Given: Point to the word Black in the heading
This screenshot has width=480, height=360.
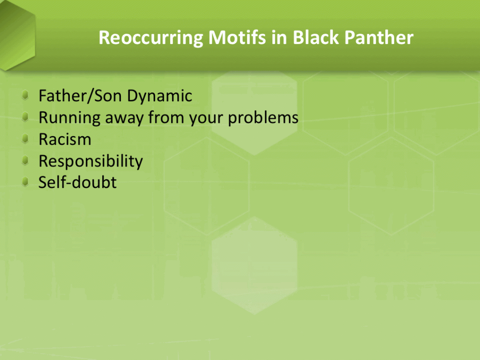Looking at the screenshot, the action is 316,37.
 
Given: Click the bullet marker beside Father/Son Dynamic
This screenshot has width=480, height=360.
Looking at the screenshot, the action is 25,95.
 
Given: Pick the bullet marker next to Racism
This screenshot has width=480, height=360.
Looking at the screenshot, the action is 25,139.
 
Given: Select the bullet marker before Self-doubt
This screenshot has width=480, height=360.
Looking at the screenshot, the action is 25,182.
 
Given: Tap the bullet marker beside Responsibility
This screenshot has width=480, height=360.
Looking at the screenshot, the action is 25,160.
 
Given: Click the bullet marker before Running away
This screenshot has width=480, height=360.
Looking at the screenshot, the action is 25,117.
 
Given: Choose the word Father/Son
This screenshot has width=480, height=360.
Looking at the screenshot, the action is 80,96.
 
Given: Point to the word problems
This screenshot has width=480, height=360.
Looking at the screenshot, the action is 263,118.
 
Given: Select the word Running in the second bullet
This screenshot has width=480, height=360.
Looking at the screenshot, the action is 69,118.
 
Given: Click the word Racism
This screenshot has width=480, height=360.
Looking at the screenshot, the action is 65,139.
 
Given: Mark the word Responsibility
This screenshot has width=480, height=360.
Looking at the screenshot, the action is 90,161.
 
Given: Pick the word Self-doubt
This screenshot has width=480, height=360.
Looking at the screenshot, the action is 77,182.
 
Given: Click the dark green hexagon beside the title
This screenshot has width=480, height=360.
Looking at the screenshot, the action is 17,35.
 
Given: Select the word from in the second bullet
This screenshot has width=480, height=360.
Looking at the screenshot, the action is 166,118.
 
